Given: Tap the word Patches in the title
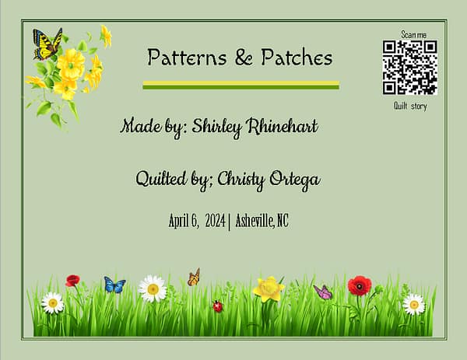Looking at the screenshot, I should (293, 57).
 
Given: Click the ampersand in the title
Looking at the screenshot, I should (238, 57).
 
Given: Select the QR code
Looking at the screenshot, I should (409, 68).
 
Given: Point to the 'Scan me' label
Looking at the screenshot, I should (413, 34).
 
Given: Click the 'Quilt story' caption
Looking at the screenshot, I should (410, 106).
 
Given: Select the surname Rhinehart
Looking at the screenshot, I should (283, 126).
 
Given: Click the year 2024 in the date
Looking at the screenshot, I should (213, 221).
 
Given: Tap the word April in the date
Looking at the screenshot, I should (181, 221).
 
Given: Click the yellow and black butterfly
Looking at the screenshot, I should (47, 44).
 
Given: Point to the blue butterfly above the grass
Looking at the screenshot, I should (114, 285).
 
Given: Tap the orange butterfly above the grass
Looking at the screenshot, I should (194, 277).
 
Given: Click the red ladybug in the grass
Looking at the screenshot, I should (217, 306).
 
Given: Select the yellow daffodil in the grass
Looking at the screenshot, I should (269, 289).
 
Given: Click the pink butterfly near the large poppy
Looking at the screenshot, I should (322, 292).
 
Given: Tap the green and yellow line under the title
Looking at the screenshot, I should (241, 85).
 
